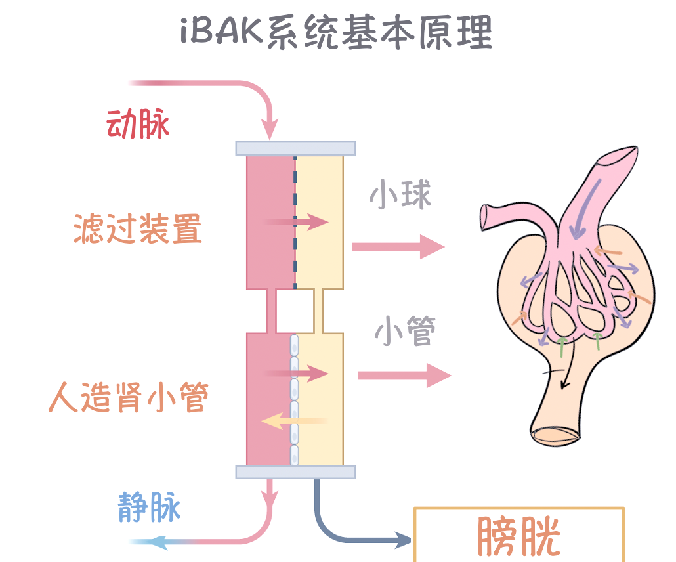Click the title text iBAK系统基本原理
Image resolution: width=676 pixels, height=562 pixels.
click(x=336, y=32)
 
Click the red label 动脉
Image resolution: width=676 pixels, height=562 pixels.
click(x=138, y=123)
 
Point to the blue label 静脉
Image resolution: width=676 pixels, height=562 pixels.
click(x=149, y=507)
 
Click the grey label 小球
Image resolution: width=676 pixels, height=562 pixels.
click(x=400, y=195)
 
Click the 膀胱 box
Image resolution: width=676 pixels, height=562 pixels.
click(x=518, y=534)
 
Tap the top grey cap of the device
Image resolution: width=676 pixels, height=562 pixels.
click(x=295, y=148)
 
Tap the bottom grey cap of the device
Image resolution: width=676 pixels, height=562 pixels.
click(x=295, y=472)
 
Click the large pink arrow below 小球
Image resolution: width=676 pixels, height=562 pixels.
click(x=398, y=247)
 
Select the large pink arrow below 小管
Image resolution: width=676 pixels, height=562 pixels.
click(x=404, y=376)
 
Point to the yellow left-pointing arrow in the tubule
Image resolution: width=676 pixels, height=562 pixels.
click(x=292, y=421)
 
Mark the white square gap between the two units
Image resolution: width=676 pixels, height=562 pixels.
click(x=295, y=311)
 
